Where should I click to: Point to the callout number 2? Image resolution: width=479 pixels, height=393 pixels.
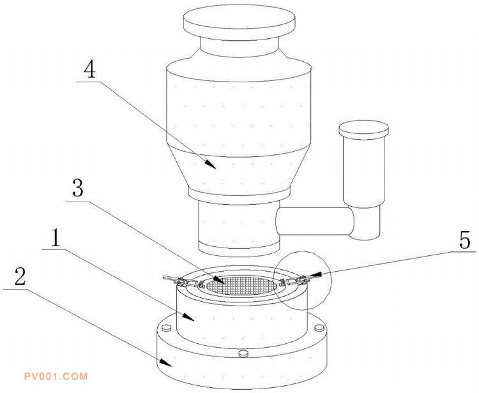[x=19, y=276]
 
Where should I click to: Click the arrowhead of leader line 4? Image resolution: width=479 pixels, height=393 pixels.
[x=210, y=164]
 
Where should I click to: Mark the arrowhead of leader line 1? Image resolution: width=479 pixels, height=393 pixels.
[x=188, y=316]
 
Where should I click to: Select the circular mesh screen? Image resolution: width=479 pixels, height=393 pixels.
[x=242, y=285]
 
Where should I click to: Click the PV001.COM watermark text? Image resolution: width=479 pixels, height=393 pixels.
[x=56, y=376]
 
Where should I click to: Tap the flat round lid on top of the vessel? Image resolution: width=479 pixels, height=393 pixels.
[x=240, y=23]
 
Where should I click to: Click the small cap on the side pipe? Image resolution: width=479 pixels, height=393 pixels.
[x=363, y=130]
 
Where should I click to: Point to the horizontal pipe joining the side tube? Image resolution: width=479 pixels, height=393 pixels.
[x=315, y=221]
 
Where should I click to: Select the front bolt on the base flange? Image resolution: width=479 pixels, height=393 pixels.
[x=243, y=353]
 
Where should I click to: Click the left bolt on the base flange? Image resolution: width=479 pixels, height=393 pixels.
[x=166, y=328]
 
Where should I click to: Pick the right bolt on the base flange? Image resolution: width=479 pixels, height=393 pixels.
[x=319, y=328]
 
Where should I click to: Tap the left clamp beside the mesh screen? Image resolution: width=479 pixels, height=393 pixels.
[x=183, y=281]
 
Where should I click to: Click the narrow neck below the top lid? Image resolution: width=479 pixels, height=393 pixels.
[x=240, y=47]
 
